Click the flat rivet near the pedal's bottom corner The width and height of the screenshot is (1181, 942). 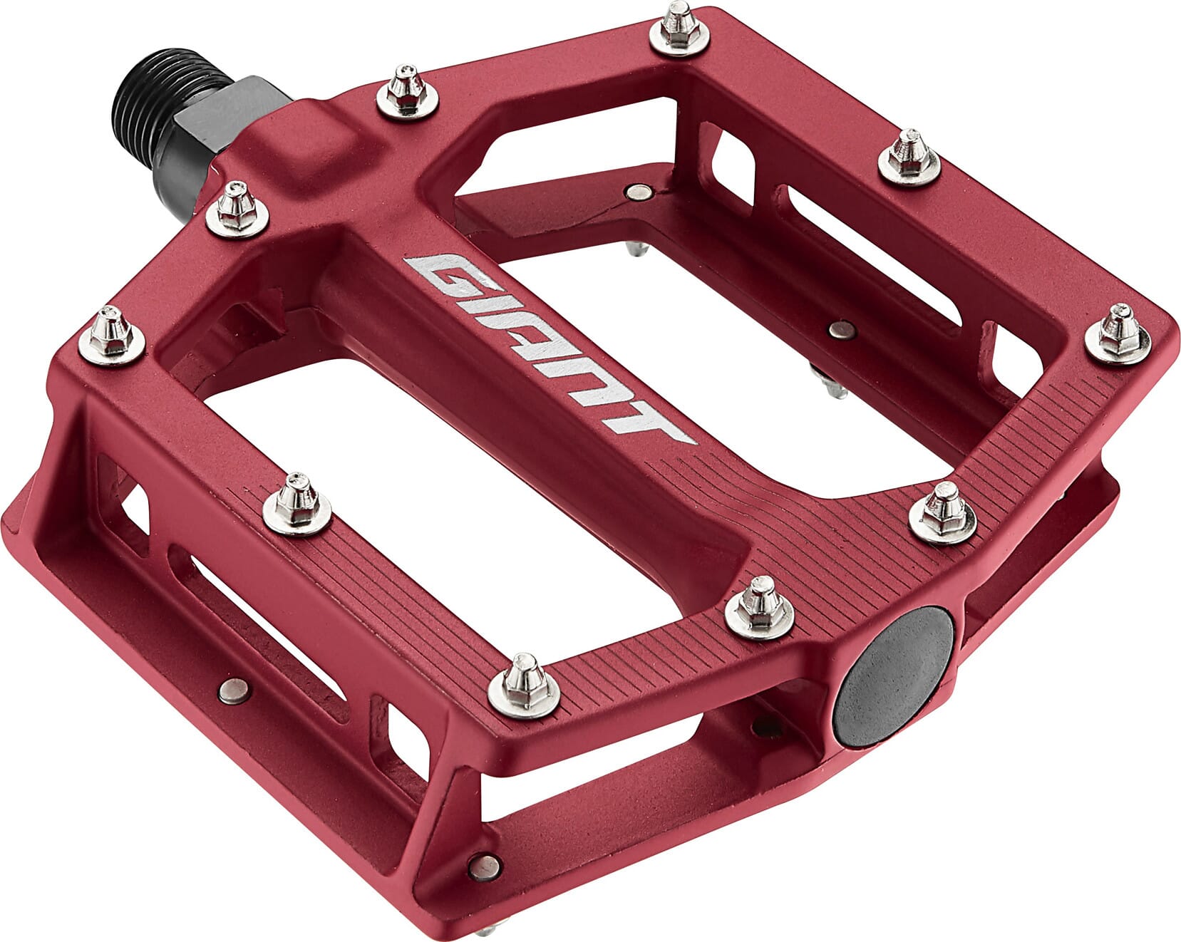pos(486,866)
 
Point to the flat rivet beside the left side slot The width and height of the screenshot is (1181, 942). pos(233,689)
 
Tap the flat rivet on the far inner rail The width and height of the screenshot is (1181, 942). pos(638,191)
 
